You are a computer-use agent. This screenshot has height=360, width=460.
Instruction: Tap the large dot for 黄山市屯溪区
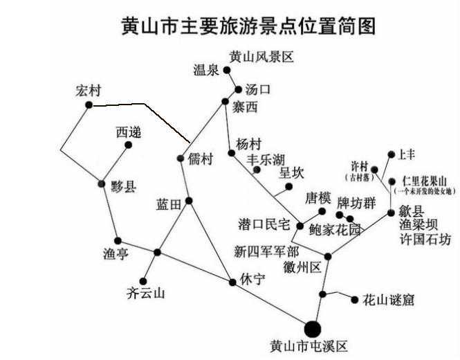(313, 328)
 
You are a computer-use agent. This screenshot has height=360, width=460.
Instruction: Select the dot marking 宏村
(89, 105)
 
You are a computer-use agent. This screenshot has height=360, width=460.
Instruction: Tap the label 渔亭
(115, 255)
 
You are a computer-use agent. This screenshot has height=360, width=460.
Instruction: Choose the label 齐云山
(147, 294)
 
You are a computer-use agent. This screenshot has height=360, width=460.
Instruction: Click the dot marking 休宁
(232, 282)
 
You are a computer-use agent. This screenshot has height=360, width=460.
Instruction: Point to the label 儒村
(200, 159)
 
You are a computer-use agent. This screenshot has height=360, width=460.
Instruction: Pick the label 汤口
(258, 89)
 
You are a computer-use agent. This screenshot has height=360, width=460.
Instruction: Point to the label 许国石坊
(425, 240)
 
